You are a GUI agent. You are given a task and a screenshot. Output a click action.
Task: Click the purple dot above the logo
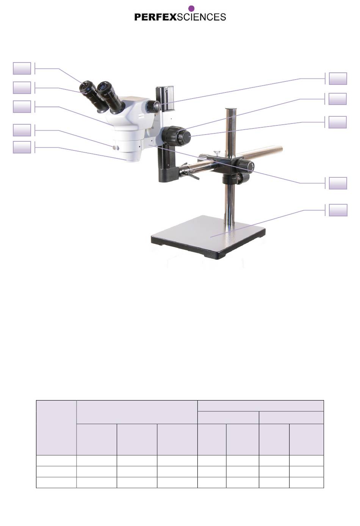(191, 8)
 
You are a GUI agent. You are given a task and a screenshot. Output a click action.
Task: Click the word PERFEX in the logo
(155, 17)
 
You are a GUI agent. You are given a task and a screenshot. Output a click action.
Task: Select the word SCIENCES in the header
(201, 17)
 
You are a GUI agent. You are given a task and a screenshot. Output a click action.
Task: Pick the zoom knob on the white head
(153, 106)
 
